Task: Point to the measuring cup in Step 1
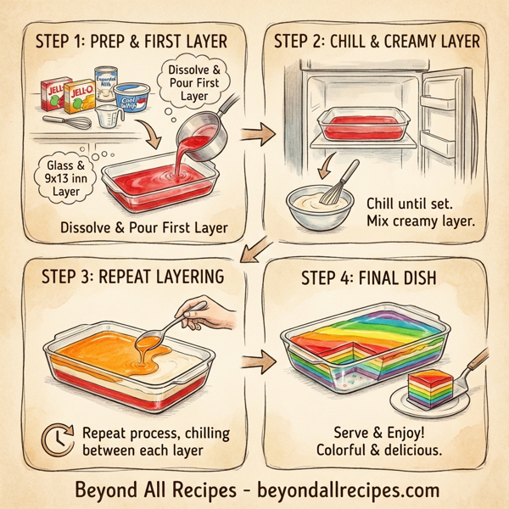106,117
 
